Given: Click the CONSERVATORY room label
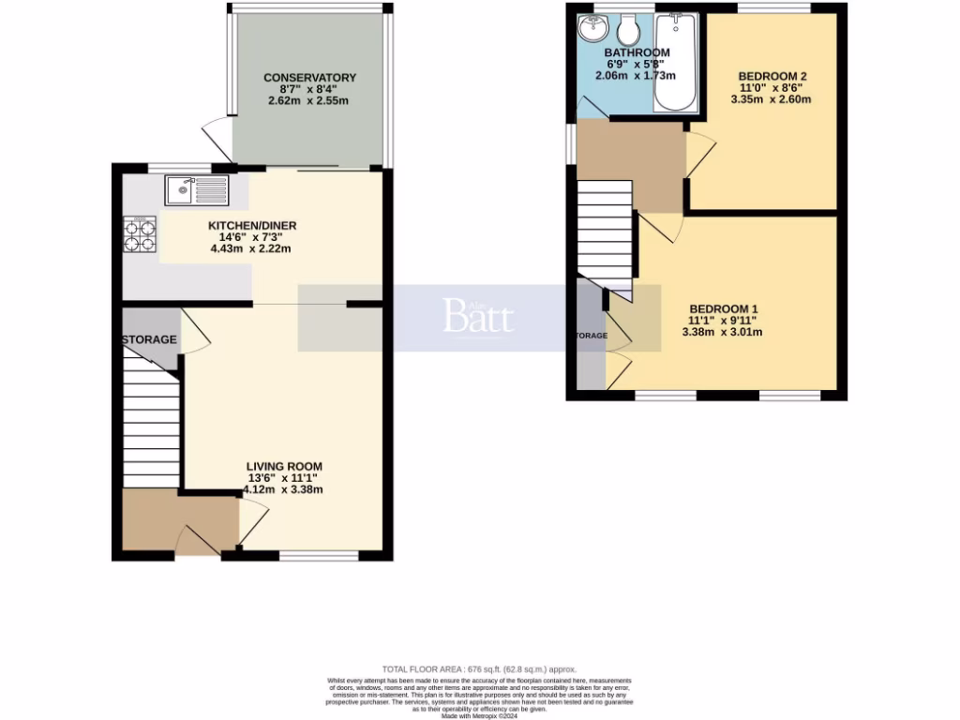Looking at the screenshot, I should pos(309,78).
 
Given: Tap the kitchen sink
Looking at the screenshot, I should pos(196,190).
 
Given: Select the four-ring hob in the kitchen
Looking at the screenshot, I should pos(140,234).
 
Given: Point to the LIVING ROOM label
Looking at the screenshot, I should pos(284,466).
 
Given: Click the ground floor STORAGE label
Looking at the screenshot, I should pos(148,339).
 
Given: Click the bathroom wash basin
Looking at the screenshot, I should pos(592,29).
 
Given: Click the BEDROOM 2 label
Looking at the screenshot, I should pos(772,77).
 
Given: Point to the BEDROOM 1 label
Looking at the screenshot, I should pos(724,309).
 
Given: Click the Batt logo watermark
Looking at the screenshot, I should pos(479,317).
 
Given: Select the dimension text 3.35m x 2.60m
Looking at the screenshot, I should pos(773,99).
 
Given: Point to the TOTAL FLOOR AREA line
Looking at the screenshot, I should pos(479,667).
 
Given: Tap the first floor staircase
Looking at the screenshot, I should pos(605,230).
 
